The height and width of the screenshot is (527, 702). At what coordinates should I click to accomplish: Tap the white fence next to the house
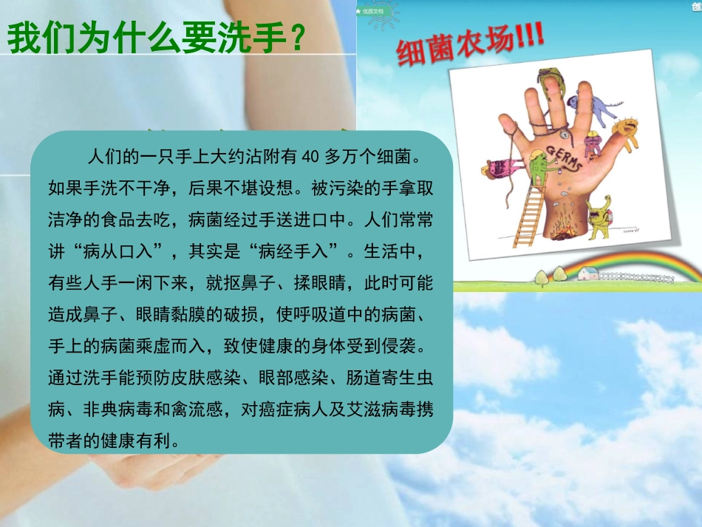tap(635, 276)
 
